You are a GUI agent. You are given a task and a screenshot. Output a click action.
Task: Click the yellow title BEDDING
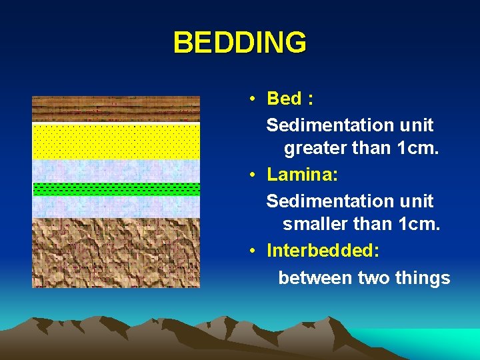click(x=240, y=43)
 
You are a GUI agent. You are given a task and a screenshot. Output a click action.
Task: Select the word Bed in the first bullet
click(x=283, y=99)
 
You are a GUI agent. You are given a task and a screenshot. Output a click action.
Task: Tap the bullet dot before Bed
click(x=254, y=99)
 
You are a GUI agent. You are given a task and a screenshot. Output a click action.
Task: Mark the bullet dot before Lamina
click(x=254, y=175)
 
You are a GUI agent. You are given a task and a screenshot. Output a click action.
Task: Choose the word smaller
click(x=315, y=225)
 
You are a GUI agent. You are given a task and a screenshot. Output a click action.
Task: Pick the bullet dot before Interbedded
click(x=254, y=251)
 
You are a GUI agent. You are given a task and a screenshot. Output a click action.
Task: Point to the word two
click(x=374, y=277)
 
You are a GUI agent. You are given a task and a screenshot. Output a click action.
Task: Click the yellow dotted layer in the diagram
click(x=116, y=141)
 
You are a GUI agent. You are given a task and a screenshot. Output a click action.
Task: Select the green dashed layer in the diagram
click(x=116, y=189)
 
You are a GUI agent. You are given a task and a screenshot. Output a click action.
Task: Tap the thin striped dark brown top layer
click(x=116, y=109)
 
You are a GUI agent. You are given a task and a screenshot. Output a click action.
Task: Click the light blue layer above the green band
click(x=116, y=171)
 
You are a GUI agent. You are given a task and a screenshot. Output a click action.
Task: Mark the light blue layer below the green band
click(x=116, y=206)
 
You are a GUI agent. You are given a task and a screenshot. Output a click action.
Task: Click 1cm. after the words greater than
click(x=417, y=149)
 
